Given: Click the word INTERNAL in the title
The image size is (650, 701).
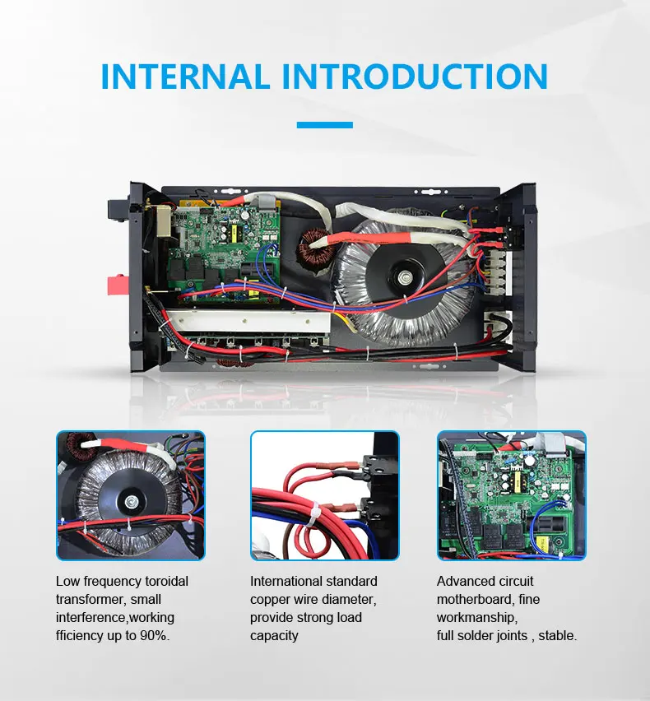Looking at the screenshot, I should click(185, 76).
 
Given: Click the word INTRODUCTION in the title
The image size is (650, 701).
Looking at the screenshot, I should click(415, 76).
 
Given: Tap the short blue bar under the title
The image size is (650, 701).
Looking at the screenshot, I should click(324, 125).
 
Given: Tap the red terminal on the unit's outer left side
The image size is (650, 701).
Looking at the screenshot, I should click(118, 286).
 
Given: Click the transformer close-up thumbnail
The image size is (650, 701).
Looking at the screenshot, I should click(130, 495).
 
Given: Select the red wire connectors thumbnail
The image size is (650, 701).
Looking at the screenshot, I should click(324, 495).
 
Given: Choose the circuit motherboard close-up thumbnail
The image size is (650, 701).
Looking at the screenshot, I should click(511, 495).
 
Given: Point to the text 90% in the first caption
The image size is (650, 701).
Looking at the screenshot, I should click(154, 636).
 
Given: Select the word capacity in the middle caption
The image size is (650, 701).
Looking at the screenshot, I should click(274, 636).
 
